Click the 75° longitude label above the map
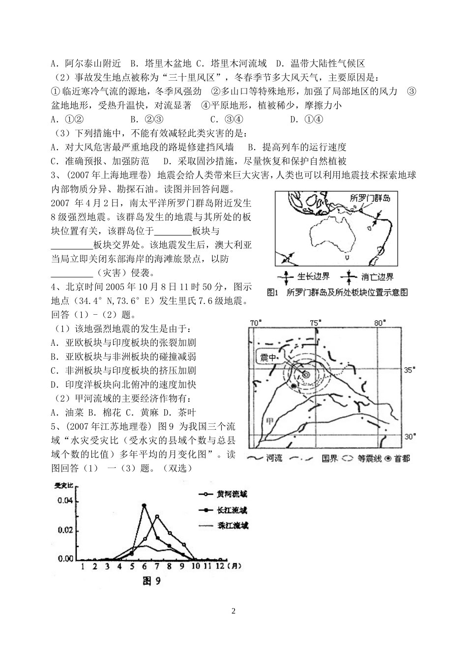[315, 323]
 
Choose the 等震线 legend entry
[362, 458]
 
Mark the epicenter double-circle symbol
[306, 375]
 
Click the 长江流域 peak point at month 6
[144, 505]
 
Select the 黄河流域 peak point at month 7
[157, 516]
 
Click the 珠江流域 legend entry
[233, 526]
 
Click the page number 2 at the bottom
[233, 611]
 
